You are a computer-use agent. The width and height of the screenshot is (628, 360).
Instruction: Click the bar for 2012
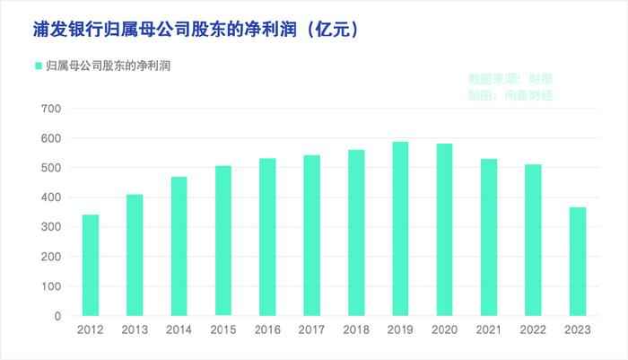coord(90,266)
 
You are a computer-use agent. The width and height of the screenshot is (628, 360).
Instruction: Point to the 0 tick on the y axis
coord(57,316)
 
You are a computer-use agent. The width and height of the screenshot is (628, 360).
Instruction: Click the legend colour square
coord(38,66)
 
